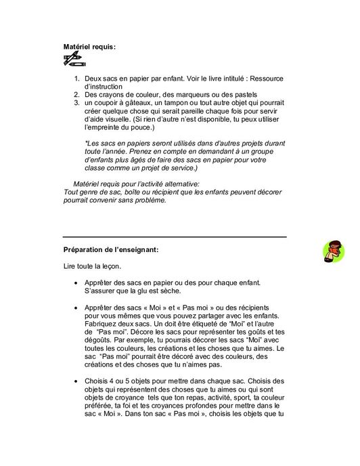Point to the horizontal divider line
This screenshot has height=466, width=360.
tap(174, 237)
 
